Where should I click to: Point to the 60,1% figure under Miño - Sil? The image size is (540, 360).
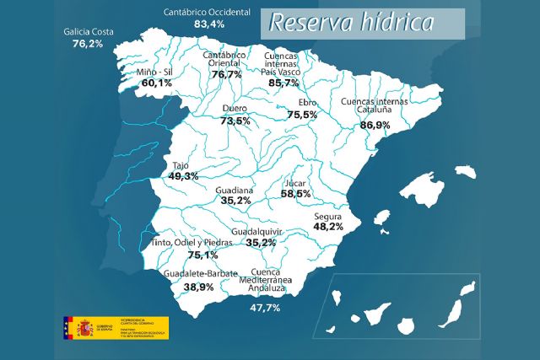(156, 83)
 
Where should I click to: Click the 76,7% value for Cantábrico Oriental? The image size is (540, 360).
(226, 75)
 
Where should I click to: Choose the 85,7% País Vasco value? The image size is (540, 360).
(283, 83)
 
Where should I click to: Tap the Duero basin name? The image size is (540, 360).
(235, 109)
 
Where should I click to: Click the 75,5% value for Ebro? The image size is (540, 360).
(302, 114)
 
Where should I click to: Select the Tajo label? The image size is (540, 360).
(181, 165)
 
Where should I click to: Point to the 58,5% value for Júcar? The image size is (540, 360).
(296, 194)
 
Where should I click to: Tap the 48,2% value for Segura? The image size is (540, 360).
(328, 227)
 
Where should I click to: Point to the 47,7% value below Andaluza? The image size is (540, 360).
(266, 309)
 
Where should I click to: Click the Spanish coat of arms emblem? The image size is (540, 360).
(84, 327)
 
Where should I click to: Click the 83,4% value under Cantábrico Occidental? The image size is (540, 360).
(209, 24)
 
